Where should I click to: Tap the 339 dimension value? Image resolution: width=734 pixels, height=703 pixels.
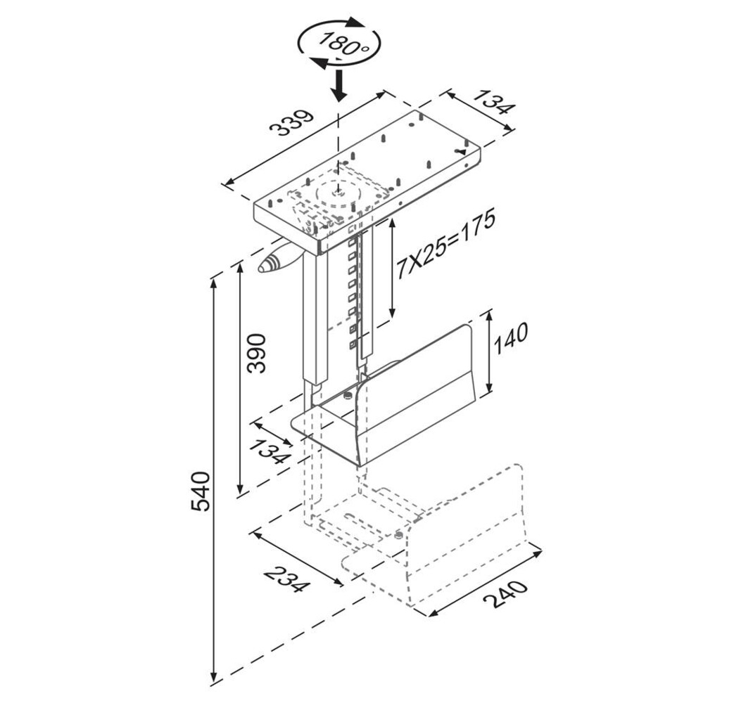[x=293, y=123]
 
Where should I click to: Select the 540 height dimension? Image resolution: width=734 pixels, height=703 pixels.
[x=201, y=491]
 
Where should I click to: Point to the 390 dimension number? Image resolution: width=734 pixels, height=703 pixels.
[x=256, y=353]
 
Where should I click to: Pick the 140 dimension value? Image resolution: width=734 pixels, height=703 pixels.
[x=510, y=337]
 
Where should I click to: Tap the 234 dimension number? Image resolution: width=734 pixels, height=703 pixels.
[x=287, y=579]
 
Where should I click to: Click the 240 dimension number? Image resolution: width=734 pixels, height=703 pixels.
[x=505, y=594]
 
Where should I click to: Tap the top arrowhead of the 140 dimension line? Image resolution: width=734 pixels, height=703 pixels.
[x=489, y=316]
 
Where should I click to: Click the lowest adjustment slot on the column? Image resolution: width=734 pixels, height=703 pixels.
[x=353, y=345]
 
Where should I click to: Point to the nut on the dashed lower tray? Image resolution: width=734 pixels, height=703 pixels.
[x=398, y=534]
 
